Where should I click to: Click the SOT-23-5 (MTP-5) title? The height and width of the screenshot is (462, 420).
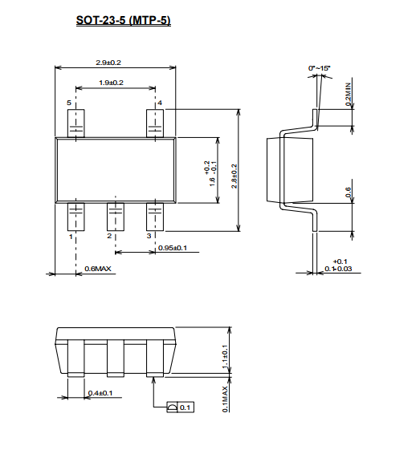124,20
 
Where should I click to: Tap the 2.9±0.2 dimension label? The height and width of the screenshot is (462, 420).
108,63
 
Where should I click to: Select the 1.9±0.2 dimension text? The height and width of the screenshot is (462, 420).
111,83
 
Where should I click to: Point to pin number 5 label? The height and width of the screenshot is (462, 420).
69,103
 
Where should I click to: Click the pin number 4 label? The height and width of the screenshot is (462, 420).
160,103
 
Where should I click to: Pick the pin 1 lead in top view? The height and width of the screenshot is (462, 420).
76,217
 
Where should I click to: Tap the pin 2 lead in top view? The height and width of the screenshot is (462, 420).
116,217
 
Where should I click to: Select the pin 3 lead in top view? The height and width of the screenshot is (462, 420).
155,217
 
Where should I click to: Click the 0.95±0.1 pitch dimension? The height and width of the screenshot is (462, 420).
173,248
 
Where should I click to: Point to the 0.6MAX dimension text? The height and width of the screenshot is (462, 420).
98,269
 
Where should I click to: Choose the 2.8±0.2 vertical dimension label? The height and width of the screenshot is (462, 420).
234,176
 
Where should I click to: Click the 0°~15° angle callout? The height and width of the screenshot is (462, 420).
319,68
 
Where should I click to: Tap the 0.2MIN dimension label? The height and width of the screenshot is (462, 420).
349,95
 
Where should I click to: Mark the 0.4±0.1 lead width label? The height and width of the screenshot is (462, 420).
100,393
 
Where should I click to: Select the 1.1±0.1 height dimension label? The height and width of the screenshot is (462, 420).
225,356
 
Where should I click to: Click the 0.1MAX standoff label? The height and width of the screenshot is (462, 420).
225,399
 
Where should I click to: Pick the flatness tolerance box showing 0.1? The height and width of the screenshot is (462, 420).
180,407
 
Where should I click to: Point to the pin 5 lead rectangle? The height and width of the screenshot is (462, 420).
76,124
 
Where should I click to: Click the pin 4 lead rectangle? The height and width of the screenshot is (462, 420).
155,124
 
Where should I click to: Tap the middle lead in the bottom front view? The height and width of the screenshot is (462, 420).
116,359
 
